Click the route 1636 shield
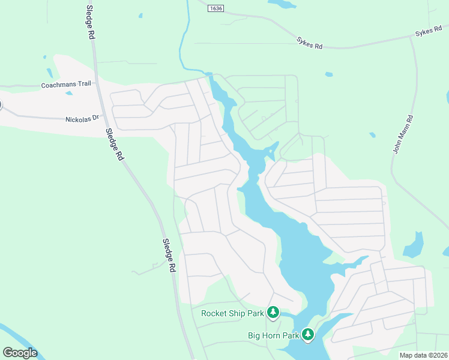(x=216, y=8)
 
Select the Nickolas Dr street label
(x=82, y=119)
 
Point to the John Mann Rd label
(x=403, y=134)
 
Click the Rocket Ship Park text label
(x=232, y=313)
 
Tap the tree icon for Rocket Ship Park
(x=273, y=312)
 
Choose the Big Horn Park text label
(x=273, y=335)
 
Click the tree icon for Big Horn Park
(x=308, y=334)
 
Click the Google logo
(x=20, y=353)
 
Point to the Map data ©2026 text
(x=423, y=355)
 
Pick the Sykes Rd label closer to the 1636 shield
(x=310, y=42)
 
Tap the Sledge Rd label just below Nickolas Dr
(x=114, y=145)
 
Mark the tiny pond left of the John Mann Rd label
(x=373, y=134)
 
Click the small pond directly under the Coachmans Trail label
(x=68, y=94)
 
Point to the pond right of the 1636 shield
(x=283, y=4)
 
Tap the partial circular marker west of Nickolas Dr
(x=1, y=105)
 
